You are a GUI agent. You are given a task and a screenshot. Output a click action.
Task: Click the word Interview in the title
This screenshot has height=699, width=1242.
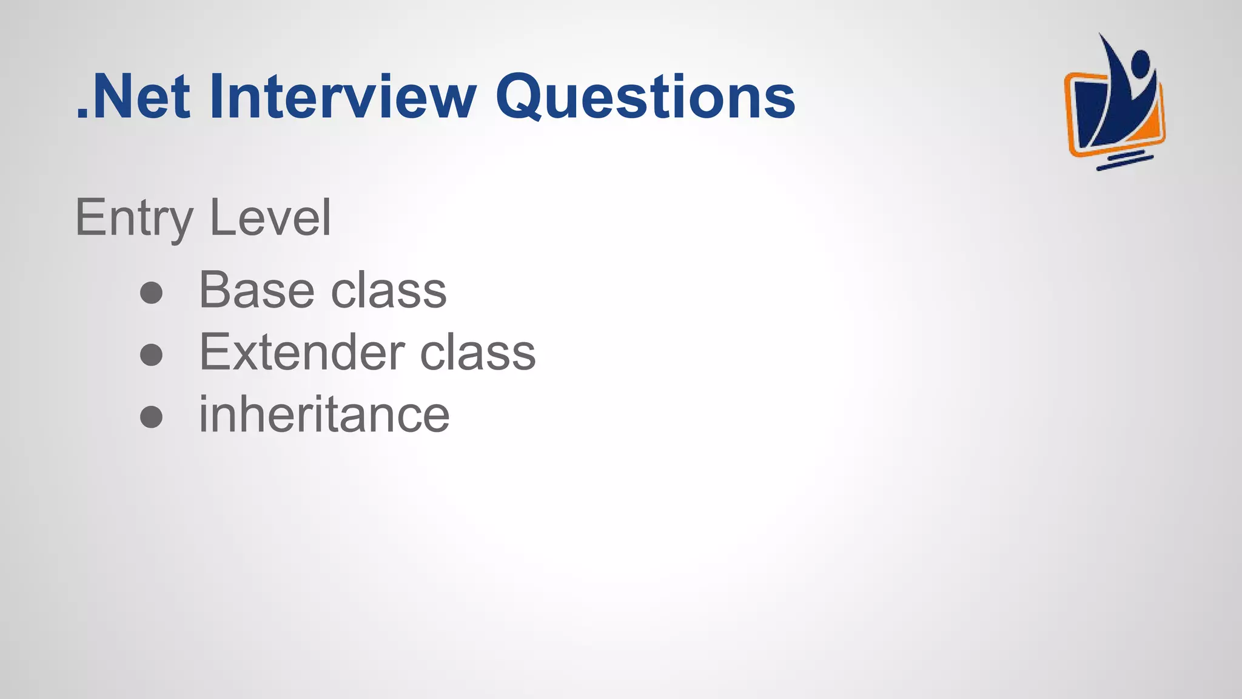pos(343,96)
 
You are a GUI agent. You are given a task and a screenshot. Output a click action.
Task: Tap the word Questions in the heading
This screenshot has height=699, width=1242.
pos(645,96)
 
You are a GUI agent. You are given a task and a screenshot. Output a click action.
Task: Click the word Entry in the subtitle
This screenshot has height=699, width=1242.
pos(134,218)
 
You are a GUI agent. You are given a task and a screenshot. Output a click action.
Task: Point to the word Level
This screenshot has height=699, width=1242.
pos(270,218)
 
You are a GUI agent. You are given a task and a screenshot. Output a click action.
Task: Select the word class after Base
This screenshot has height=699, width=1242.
pos(389,290)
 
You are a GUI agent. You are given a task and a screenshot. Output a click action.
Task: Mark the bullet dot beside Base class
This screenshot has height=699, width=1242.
pos(151,293)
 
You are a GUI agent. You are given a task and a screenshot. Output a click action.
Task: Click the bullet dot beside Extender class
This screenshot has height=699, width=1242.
pos(151,355)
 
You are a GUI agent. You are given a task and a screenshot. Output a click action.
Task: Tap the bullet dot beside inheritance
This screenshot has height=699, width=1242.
pos(151,417)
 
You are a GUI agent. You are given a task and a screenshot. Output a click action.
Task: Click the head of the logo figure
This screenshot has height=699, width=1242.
pos(1140,62)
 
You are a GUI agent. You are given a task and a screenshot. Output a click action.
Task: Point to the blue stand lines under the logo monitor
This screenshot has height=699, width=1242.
pos(1124,162)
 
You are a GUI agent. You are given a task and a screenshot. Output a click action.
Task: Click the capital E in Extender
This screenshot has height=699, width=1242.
pos(217,352)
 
